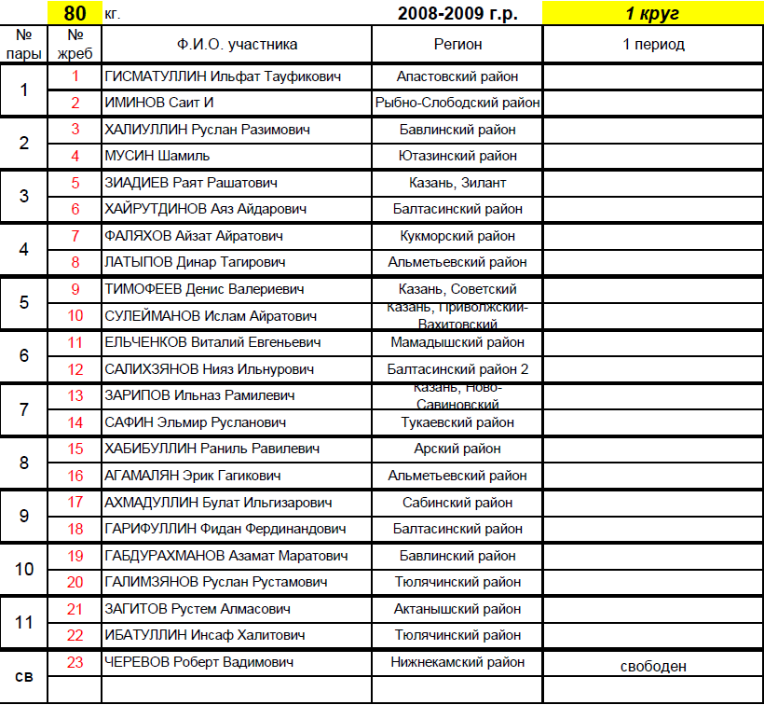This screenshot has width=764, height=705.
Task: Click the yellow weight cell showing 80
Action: [x=75, y=13]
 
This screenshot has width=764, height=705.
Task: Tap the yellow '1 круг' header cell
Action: [x=652, y=13]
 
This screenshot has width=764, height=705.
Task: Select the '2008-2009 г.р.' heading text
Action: [x=457, y=13]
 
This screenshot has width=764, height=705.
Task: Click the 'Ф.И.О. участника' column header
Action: [x=237, y=44]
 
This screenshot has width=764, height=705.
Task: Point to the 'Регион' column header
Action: [x=457, y=44]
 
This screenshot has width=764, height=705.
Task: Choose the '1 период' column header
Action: [x=652, y=44]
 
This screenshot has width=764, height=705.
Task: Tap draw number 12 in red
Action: [x=75, y=369]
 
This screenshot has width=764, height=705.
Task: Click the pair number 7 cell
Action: [x=24, y=409]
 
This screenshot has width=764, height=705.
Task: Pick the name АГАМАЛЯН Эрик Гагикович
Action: [x=194, y=476]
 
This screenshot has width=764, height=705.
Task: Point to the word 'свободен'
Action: [x=653, y=666]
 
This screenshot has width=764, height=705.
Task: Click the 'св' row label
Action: [x=25, y=675]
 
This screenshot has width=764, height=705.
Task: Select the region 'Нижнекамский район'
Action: [x=457, y=662]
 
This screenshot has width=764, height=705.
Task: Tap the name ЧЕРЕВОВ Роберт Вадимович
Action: [x=200, y=662]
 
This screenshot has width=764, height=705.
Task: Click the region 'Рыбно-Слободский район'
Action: [x=457, y=103]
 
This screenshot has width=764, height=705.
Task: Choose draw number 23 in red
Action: [x=75, y=662]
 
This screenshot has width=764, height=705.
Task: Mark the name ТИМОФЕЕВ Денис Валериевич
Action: [x=204, y=289]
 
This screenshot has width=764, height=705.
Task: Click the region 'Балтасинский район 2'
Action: [x=457, y=369]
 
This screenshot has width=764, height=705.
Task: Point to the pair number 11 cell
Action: [x=24, y=622]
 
